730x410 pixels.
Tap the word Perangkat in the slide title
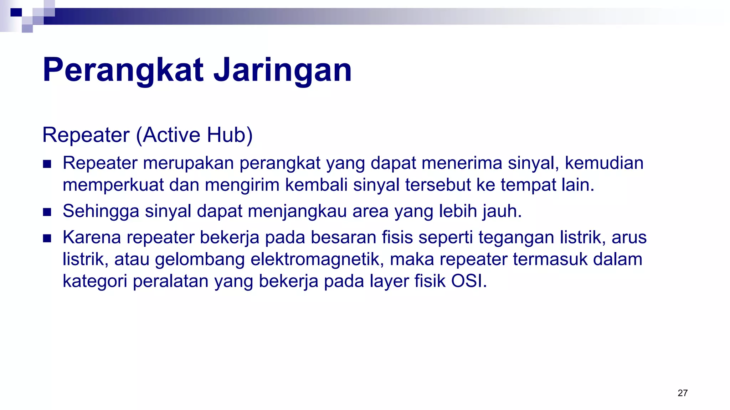coord(123,70)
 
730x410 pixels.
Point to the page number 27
coord(682,393)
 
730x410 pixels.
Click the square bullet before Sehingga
coord(47,212)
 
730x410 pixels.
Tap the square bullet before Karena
coord(47,238)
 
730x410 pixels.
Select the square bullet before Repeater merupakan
coord(47,164)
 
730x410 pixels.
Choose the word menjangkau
coord(297,211)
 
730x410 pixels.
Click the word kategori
coord(95,282)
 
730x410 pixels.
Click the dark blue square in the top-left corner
coord(16,12)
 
